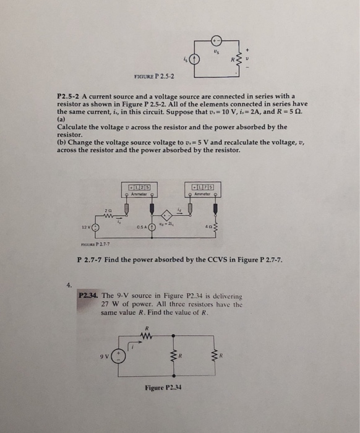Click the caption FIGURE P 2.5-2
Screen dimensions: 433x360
tap(154, 77)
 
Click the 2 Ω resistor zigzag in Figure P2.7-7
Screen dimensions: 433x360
tap(109, 215)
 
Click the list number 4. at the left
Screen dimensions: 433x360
tap(69, 285)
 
